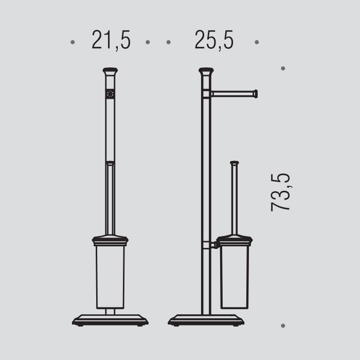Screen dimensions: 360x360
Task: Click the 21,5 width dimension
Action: coord(111,40)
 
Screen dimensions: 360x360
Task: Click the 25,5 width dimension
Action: coord(214,40)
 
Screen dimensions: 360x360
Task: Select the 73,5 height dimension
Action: coord(280,192)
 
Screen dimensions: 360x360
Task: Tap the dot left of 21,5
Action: coord(73,42)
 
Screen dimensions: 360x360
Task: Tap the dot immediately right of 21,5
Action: coord(148,42)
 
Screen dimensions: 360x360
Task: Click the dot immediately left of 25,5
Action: coord(169,42)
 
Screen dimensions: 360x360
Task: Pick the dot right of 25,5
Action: coord(257,42)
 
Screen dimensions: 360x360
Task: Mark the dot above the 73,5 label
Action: coord(283,68)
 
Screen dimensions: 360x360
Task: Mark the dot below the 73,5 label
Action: coord(283,326)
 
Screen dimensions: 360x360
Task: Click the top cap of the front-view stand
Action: coord(110,71)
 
